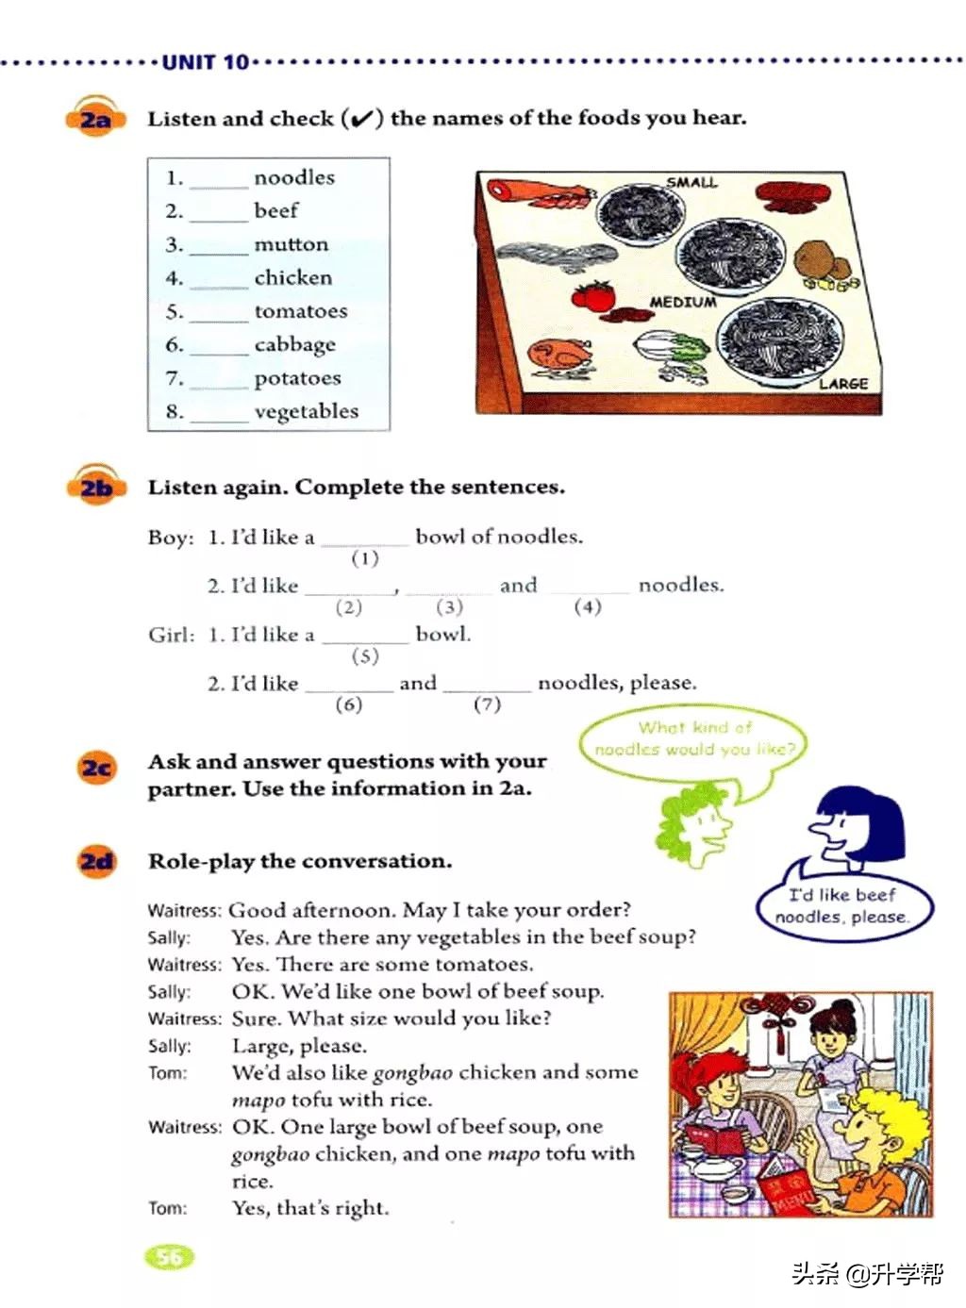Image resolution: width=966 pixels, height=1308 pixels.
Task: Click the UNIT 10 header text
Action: (205, 62)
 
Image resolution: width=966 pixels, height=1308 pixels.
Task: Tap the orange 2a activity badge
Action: (95, 120)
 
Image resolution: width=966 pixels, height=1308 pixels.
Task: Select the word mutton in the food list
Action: (291, 244)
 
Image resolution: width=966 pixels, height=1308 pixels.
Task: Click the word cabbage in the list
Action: (294, 344)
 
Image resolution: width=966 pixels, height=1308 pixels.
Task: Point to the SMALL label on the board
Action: (691, 182)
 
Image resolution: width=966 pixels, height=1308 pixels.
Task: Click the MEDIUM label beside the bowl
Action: (682, 302)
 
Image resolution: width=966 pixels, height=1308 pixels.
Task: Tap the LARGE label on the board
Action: (842, 384)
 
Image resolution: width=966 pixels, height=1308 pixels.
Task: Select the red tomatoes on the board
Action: (594, 294)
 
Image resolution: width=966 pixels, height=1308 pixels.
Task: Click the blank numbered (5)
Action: (364, 640)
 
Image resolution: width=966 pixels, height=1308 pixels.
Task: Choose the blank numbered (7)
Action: (487, 689)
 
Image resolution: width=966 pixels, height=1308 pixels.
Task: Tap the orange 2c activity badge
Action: (96, 769)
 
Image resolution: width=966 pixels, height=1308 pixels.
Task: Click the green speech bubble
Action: (694, 739)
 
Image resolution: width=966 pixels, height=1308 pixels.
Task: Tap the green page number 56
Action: (169, 1256)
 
